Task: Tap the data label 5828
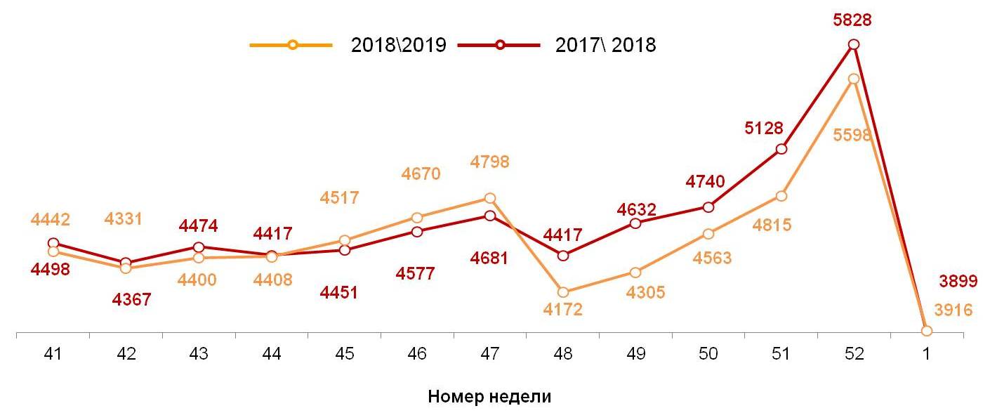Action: click(853, 20)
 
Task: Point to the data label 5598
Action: click(852, 136)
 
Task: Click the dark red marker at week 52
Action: click(853, 44)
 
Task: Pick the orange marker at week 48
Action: click(562, 292)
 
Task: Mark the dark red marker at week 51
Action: click(781, 149)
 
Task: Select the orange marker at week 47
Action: click(490, 199)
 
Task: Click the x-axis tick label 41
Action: click(53, 355)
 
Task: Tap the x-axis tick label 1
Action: click(926, 355)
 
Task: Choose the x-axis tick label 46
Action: click(417, 355)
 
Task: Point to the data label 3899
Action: click(958, 282)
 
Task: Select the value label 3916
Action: click(953, 310)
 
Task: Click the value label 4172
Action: click(563, 309)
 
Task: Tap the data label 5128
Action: click(764, 129)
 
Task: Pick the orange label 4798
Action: click(489, 162)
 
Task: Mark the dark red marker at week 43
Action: click(199, 247)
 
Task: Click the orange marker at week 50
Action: click(708, 234)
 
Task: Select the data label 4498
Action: click(51, 270)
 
